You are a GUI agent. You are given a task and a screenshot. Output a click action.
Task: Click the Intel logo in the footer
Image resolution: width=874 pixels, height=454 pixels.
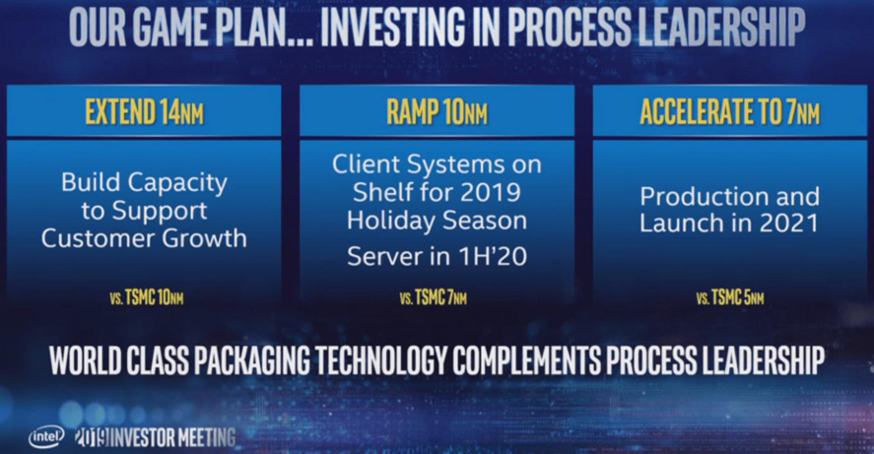click(47, 437)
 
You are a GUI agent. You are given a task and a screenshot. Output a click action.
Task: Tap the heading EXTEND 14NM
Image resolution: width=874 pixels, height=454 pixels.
click(145, 111)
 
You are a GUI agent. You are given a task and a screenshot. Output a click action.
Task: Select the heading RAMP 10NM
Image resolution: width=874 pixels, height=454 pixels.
click(437, 111)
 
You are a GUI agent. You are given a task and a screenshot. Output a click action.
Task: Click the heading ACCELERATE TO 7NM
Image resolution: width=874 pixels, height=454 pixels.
click(729, 111)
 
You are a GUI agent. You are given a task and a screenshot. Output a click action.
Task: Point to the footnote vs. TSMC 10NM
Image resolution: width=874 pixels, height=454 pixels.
click(147, 297)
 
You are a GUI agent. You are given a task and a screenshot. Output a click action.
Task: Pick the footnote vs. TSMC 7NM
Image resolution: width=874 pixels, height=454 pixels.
click(434, 298)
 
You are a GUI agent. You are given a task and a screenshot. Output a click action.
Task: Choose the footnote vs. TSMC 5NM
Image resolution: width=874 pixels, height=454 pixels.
click(729, 298)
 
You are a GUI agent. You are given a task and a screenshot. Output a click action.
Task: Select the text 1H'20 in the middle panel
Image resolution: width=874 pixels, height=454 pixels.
click(492, 256)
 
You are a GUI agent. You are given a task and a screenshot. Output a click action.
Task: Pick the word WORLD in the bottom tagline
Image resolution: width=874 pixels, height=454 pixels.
click(86, 359)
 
